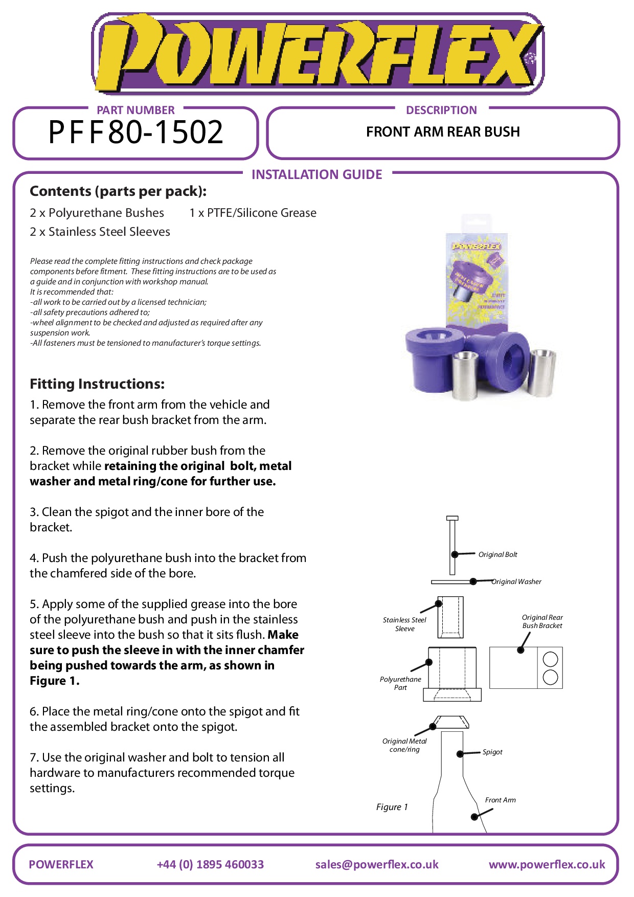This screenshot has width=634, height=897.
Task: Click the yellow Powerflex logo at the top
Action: pyautogui.click(x=317, y=54)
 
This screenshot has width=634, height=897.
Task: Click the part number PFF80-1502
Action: pyautogui.click(x=136, y=132)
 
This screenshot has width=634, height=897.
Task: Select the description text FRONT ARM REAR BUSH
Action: pyautogui.click(x=443, y=132)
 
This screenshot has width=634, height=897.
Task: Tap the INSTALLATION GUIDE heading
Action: pyautogui.click(x=316, y=175)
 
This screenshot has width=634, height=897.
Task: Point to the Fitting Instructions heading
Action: pyautogui.click(x=97, y=384)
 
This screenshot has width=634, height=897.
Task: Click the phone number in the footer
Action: pyautogui.click(x=210, y=864)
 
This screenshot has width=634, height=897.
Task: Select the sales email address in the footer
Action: pyautogui.click(x=377, y=864)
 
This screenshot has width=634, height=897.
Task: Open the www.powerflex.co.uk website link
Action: pyautogui.click(x=547, y=864)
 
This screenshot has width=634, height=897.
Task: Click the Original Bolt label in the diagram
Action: pyautogui.click(x=497, y=554)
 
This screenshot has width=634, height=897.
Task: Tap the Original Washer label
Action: pyautogui.click(x=516, y=581)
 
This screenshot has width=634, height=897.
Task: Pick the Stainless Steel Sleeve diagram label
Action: pyautogui.click(x=404, y=624)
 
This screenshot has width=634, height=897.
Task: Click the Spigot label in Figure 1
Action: pyautogui.click(x=492, y=752)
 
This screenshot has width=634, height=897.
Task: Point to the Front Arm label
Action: pyautogui.click(x=500, y=800)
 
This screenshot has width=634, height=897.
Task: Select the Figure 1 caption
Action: pyautogui.click(x=392, y=807)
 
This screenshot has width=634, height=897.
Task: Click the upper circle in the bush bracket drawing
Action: pyautogui.click(x=550, y=659)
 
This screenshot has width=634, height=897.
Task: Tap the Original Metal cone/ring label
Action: pyautogui.click(x=404, y=745)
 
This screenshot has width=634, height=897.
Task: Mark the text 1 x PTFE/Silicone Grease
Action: pyautogui.click(x=253, y=213)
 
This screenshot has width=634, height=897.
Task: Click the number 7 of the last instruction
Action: pyautogui.click(x=33, y=757)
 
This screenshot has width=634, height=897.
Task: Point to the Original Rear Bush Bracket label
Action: pyautogui.click(x=542, y=621)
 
